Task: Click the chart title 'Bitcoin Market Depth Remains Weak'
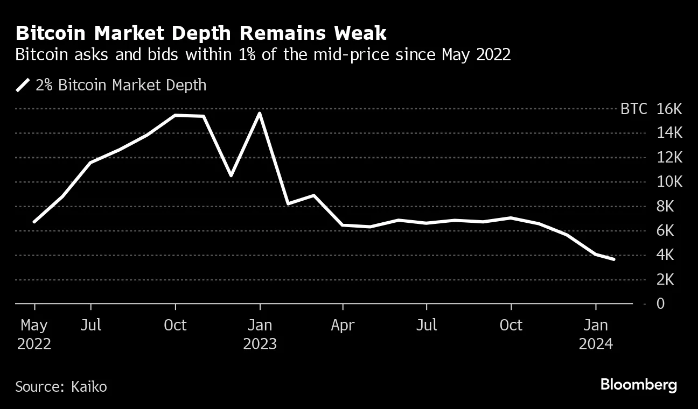[201, 33]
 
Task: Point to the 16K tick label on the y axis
[669, 109]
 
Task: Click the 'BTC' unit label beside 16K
[634, 109]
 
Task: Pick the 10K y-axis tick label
[669, 182]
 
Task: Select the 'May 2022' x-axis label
[34, 334]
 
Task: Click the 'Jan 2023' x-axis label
[260, 334]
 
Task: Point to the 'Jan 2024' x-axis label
[595, 334]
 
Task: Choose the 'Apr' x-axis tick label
[343, 325]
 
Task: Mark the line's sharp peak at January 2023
[260, 114]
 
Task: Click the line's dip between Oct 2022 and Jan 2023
[231, 175]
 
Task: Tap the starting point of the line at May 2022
[34, 221]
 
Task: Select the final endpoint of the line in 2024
[613, 259]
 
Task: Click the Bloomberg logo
[638, 385]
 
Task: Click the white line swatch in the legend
[23, 85]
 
